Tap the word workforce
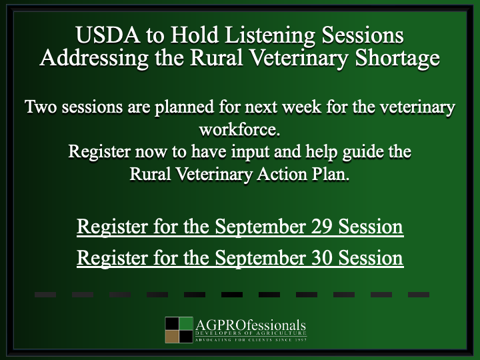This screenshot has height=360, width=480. tap(239, 129)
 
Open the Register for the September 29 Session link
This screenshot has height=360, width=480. tap(239, 227)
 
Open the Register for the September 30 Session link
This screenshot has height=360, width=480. tap(239, 257)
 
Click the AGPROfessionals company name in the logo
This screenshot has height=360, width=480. tap(251, 325)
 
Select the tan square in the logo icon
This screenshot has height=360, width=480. tap(172, 337)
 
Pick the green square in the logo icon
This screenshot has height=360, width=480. tap(185, 324)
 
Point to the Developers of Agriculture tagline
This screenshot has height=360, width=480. tap(251, 333)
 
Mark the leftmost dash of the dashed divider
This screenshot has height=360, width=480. tap(45, 294)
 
